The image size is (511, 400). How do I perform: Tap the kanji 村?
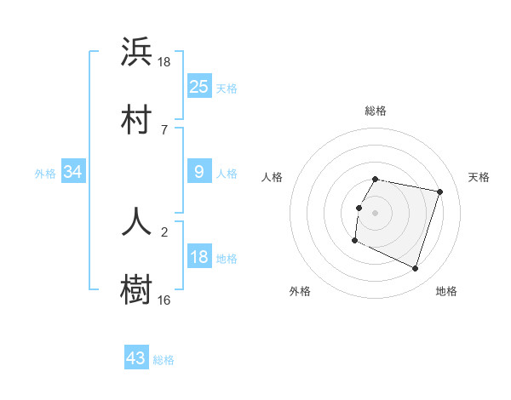coord(136,118)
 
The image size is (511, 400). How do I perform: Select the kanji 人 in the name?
coord(136,220)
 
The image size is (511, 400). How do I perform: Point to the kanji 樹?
coord(136,289)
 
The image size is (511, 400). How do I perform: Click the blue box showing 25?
coord(198,87)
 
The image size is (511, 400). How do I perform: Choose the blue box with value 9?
coord(198,173)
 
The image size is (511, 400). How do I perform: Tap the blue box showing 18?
coord(198,258)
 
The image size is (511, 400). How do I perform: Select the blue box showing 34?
coord(73,173)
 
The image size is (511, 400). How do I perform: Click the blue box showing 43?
coord(136,358)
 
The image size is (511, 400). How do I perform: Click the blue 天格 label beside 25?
coord(227,88)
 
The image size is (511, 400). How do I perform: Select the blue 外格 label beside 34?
coord(45,174)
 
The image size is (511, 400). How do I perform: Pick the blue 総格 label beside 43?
coord(164,360)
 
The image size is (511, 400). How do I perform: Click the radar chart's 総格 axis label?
coord(375,111)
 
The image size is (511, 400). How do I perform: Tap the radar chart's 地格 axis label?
coord(446,292)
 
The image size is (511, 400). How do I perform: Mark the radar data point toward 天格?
coord(439,192)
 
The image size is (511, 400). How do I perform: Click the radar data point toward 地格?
coord(415,269)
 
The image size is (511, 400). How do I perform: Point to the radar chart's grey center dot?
coord(375,212)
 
